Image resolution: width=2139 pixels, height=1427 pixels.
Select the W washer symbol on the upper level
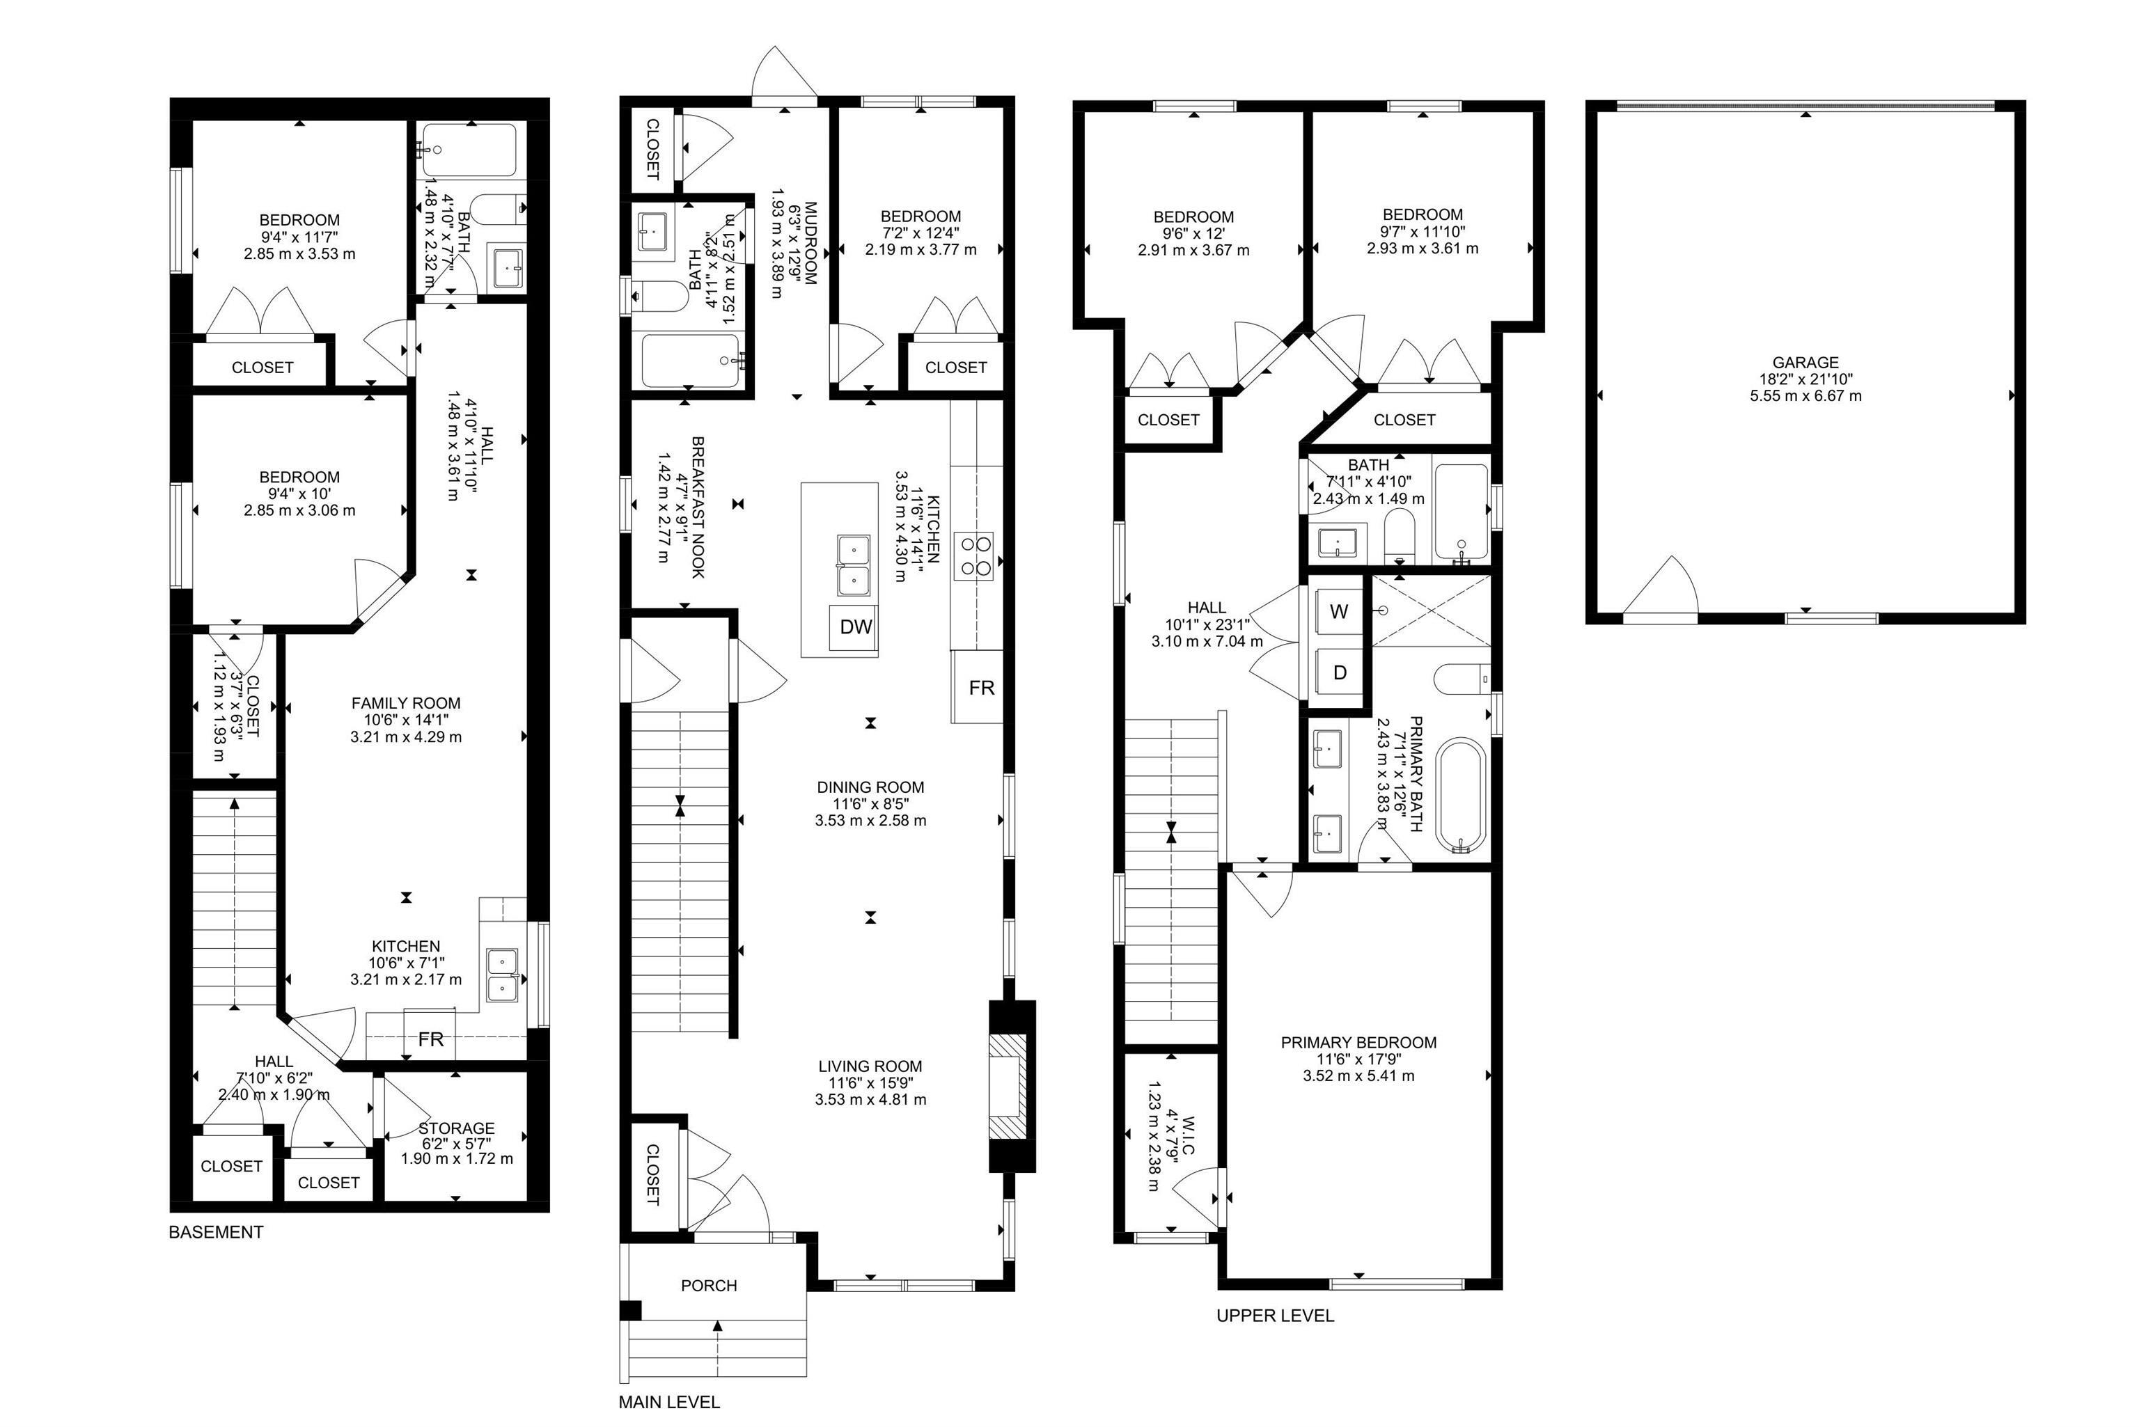1338,612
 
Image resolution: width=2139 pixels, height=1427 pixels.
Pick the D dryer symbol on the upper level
1339,673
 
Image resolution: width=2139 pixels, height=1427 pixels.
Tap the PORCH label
708,1285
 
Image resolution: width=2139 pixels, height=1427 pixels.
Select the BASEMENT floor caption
216,1232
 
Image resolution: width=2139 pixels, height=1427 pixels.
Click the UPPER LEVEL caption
1274,1315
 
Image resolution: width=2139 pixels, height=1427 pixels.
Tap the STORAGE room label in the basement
457,1128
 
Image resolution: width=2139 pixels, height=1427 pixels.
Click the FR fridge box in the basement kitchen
430,1039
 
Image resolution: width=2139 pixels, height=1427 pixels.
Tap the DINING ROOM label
870,787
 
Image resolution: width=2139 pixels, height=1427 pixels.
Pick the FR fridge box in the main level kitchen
980,688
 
